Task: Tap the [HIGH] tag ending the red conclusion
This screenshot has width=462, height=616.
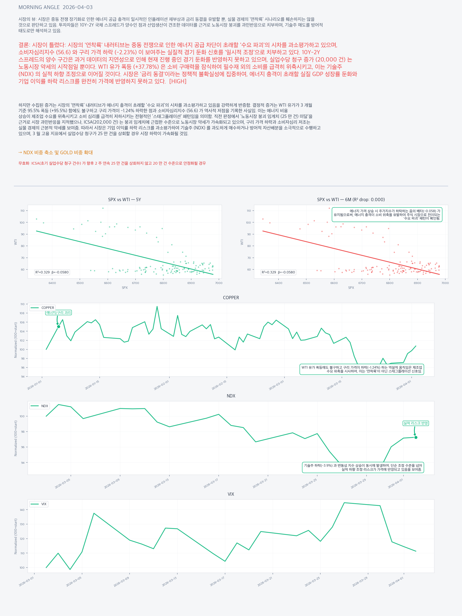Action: pos(178,81)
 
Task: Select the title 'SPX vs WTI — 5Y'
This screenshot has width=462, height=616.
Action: pos(124,200)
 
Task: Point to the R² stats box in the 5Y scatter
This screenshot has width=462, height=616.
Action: pos(52,272)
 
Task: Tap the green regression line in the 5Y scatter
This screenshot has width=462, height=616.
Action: pos(124,252)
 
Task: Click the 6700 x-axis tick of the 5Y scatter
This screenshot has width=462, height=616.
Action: pos(136,283)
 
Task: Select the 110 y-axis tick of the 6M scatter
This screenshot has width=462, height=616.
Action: pos(249,211)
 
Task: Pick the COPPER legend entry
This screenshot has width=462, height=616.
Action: pos(42,308)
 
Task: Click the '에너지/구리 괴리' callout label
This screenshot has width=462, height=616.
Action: pos(59,313)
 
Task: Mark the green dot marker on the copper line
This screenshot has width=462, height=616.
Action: pos(59,327)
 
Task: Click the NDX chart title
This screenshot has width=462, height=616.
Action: pos(231,396)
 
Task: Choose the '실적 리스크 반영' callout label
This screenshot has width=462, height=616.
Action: pos(416,423)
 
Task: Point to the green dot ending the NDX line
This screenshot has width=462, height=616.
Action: pos(416,438)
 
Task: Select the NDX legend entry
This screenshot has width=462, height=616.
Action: pos(40,406)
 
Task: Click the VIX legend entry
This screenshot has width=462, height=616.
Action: pos(39,504)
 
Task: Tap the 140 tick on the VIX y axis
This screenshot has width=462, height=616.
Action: pos(22,510)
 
